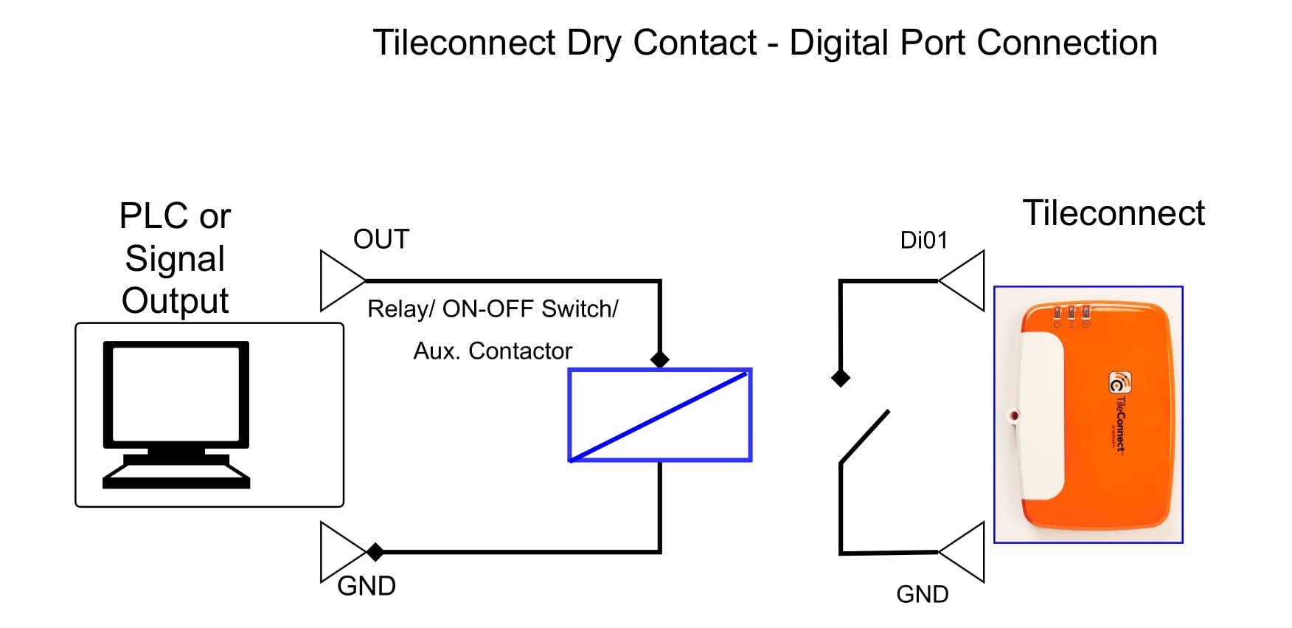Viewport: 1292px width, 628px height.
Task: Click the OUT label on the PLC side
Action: (x=381, y=239)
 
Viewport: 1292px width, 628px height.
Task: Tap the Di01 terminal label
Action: (x=923, y=240)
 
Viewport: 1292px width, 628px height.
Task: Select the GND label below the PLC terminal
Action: (x=367, y=586)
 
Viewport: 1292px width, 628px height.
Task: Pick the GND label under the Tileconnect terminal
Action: (x=922, y=594)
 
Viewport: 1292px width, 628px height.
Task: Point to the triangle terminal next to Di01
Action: (x=962, y=280)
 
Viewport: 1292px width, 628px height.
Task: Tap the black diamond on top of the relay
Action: (x=660, y=359)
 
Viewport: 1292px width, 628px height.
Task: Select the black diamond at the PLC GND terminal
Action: (x=375, y=551)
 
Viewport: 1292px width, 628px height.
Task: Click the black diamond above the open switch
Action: (x=841, y=378)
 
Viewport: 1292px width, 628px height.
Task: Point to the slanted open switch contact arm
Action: (x=864, y=437)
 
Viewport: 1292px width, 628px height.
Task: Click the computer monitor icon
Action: (x=176, y=414)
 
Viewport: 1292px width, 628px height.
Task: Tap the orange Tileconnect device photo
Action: (x=1088, y=415)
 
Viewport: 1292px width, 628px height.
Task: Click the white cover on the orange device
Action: (x=1041, y=415)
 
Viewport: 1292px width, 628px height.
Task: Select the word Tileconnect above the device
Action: (x=1114, y=213)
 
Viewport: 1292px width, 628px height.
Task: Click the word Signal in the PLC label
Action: (x=175, y=258)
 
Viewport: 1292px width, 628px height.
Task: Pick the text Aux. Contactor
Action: (x=493, y=351)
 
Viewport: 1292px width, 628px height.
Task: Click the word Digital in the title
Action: (x=840, y=43)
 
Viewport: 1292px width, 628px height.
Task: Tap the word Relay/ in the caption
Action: (x=401, y=308)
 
